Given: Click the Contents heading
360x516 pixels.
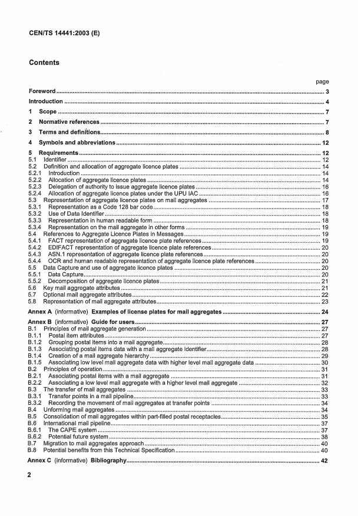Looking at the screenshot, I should coord(44,63).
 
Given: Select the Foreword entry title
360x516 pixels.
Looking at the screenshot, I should coord(42,91).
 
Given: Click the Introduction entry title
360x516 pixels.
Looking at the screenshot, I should coord(46,101).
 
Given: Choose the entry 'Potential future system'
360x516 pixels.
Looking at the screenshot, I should coord(78,436).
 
